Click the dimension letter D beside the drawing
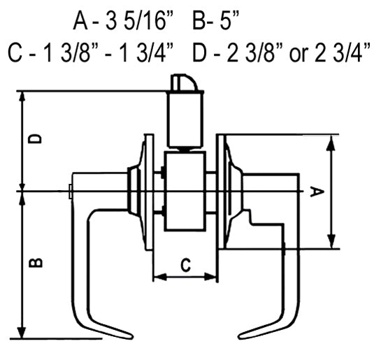[x=35, y=139]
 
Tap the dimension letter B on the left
[x=36, y=263]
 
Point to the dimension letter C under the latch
[x=185, y=265]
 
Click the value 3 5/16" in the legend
[x=138, y=21]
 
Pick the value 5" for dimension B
[x=229, y=21]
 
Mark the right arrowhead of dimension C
[x=211, y=278]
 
